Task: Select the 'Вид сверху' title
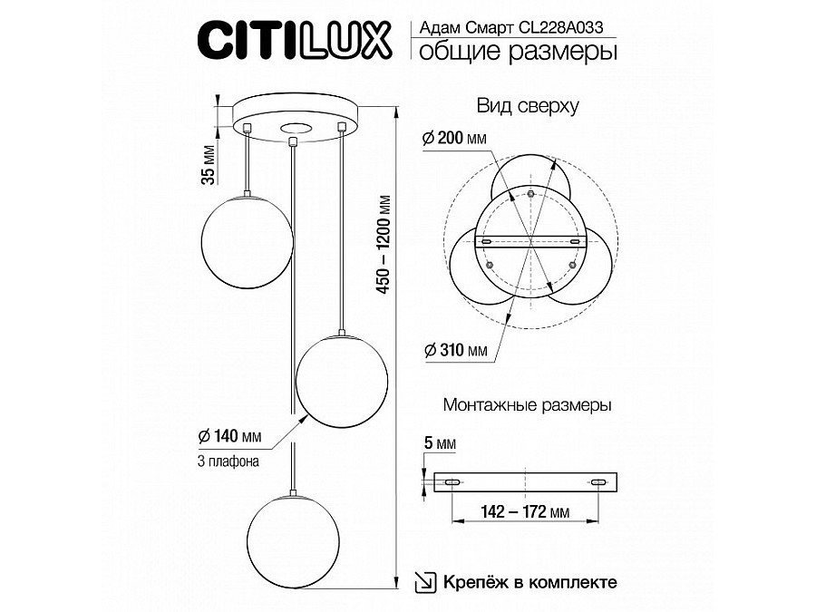(528, 106)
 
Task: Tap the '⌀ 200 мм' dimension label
(454, 138)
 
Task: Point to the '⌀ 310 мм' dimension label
(453, 351)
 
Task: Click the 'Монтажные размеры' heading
(526, 405)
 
